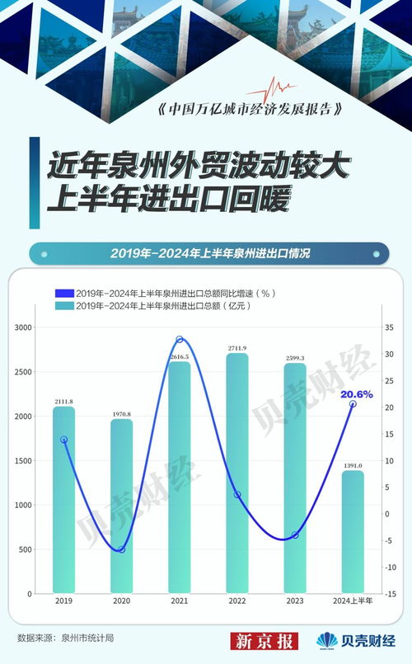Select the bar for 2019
point(63,499)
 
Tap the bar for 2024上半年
point(353,532)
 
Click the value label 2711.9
point(236,348)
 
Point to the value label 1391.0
point(353,465)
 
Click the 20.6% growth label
point(358,394)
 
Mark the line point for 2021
point(180,340)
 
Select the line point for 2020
point(122,549)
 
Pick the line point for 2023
point(294,535)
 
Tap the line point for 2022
point(237,495)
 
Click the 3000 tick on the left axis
point(22,328)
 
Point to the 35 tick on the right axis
point(387,328)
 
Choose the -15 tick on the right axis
point(389,594)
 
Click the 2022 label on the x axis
point(237,602)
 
